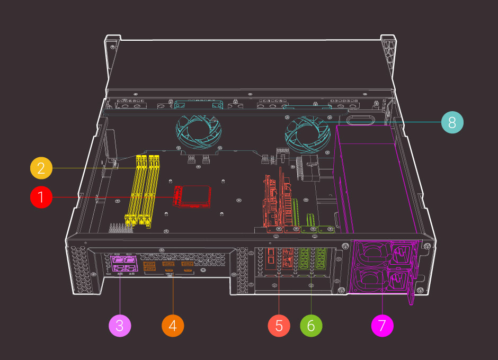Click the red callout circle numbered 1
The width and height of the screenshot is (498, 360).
41,197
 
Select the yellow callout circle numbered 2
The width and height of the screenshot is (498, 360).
41,168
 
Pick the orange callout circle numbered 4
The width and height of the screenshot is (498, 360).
172,325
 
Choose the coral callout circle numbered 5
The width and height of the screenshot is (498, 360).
279,325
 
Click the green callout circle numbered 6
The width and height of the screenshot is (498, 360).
310,325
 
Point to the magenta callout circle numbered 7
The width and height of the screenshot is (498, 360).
383,325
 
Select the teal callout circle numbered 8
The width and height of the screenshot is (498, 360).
452,122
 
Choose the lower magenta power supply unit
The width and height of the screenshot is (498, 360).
383,281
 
